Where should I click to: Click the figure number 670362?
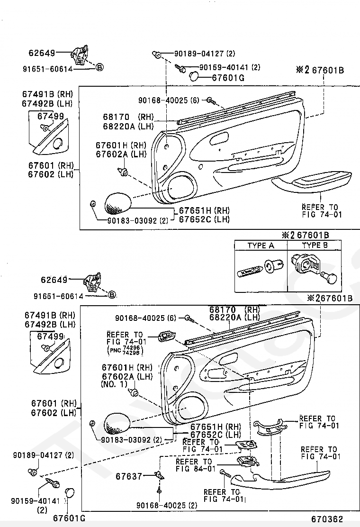pos(327,519)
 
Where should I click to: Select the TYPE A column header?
pos(261,245)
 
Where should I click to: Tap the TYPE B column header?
pos(315,245)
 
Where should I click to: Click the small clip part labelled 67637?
pos(159,475)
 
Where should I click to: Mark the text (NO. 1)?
pos(114,384)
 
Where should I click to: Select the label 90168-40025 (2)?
pos(166,505)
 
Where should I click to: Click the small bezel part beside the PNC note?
pos(166,336)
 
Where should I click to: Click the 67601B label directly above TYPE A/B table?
pos(313,235)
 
